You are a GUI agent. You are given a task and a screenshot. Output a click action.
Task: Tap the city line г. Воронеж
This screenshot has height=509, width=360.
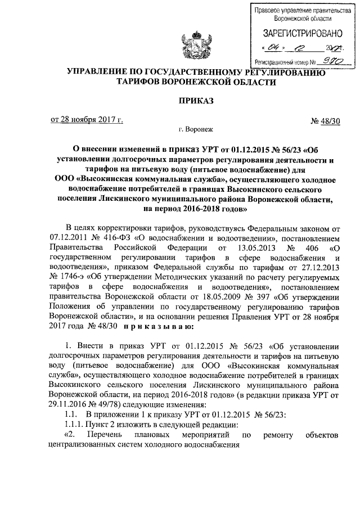(x=193, y=129)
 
